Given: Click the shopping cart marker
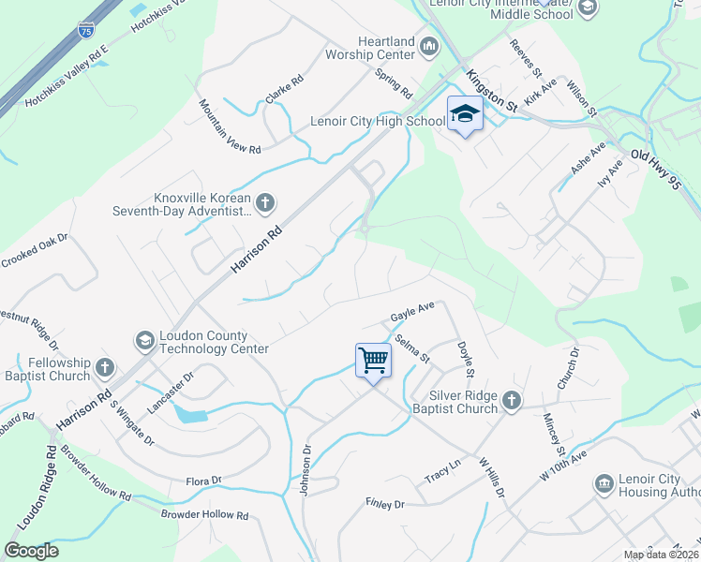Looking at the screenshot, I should pos(373,360).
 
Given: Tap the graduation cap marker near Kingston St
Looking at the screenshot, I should pos(464,114).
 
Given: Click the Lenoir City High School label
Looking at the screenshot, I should pos(378,122).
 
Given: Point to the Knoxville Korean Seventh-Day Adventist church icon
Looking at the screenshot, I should pos(266,201).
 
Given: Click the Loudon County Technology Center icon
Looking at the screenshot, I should pos(144,340).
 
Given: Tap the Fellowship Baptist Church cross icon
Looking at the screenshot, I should pos(105,367).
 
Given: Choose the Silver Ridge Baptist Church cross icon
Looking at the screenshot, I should pos(511,401).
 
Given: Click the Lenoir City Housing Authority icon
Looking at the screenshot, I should pos(604,483).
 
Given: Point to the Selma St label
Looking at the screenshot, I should pos(411,348).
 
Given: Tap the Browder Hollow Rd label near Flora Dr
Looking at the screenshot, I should pos(204,515).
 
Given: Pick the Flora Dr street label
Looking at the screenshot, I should pos(202,481).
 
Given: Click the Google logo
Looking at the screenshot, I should pos(31,551).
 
